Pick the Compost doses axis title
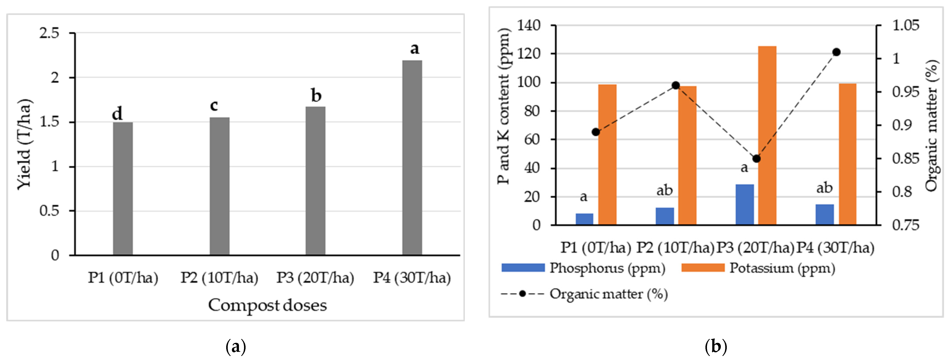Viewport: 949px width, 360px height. point(267,305)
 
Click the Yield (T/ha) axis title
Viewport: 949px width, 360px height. point(25,144)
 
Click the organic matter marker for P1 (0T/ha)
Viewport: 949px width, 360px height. point(596,132)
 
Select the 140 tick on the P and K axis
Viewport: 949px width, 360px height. point(529,25)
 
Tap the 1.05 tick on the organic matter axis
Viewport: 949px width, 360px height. point(906,25)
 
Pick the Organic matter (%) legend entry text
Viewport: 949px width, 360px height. point(609,294)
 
